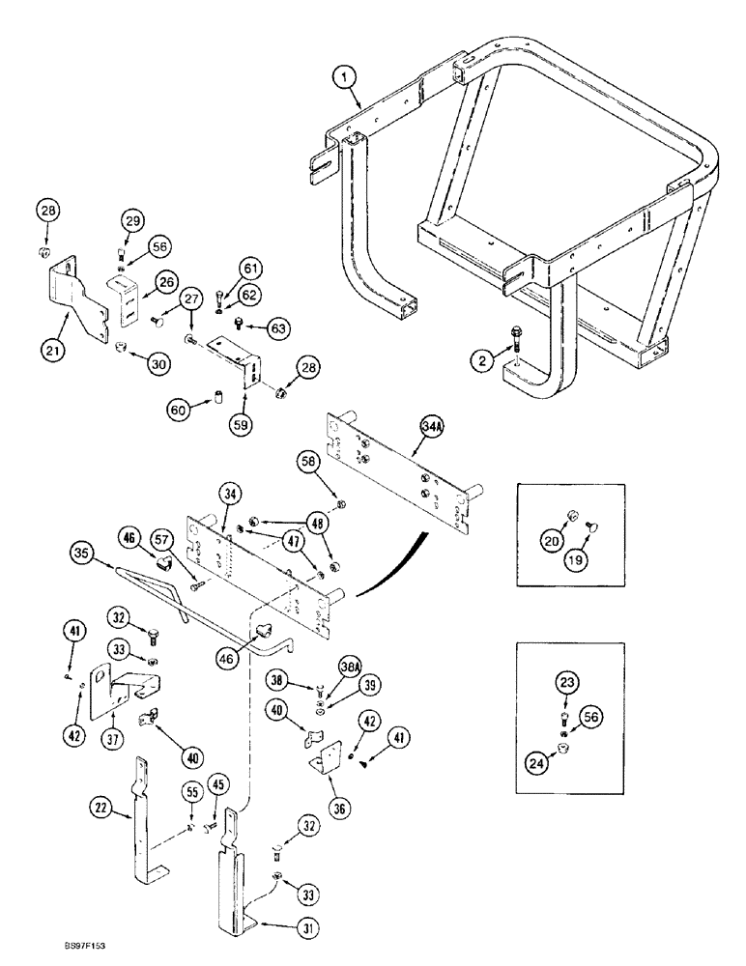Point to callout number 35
coord(81,555)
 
